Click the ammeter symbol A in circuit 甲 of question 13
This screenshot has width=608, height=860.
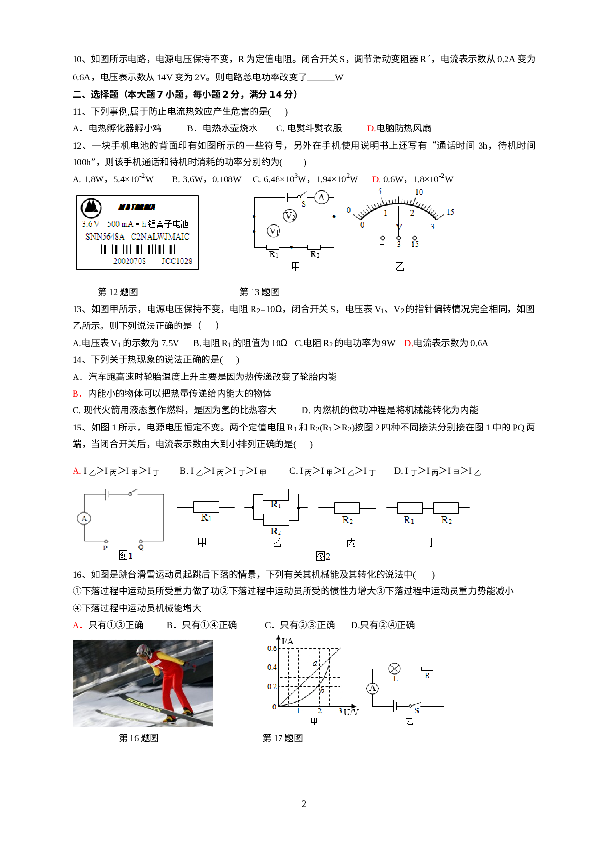point(321,197)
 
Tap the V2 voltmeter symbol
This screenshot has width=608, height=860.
point(290,216)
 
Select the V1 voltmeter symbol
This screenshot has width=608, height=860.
point(273,230)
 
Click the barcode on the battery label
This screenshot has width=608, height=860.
point(137,249)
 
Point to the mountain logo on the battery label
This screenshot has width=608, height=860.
point(91,207)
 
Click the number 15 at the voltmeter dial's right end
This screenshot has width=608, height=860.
point(450,212)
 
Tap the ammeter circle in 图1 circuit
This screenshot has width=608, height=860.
point(84,518)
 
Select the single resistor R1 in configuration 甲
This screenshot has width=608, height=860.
point(206,507)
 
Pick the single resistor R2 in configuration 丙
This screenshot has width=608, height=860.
point(347,507)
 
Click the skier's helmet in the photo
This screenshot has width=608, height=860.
point(143,651)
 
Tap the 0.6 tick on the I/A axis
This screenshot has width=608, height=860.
point(272,648)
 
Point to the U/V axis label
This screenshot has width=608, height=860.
point(351,712)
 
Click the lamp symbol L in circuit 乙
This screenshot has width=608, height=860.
point(394,669)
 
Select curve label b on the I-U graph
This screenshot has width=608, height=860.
point(322,690)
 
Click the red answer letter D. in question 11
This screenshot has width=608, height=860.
point(371,128)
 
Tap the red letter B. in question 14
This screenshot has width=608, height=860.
point(76,393)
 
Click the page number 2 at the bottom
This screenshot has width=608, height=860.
point(304,804)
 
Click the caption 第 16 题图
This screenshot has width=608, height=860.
point(139,738)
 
